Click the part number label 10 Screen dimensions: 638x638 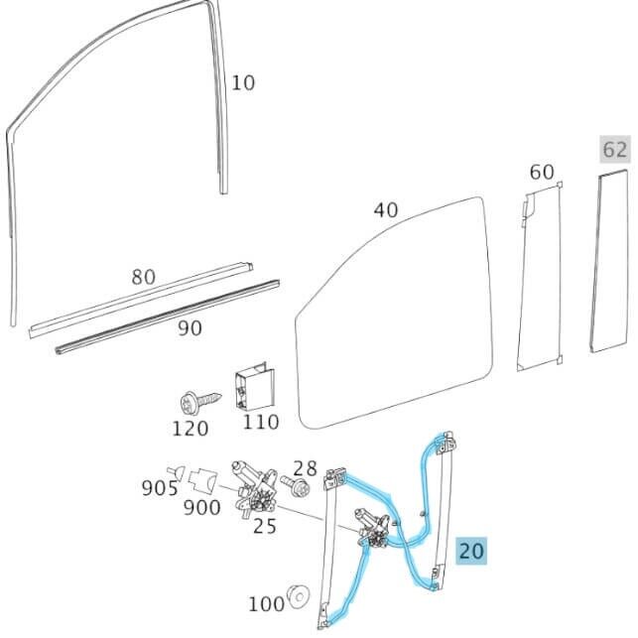pyautogui.click(x=243, y=82)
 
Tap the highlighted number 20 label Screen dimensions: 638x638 pyautogui.click(x=471, y=550)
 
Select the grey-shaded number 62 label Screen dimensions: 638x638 pyautogui.click(x=614, y=150)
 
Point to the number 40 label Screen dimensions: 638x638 pyautogui.click(x=385, y=210)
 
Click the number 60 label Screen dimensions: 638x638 pyautogui.click(x=541, y=172)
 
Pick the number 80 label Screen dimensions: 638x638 pyautogui.click(x=143, y=277)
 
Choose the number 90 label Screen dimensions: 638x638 pyautogui.click(x=190, y=327)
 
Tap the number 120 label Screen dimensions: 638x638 pyautogui.click(x=190, y=429)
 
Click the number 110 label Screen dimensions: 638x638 pyautogui.click(x=261, y=423)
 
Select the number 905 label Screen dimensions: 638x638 pyautogui.click(x=159, y=488)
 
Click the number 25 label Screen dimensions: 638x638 pyautogui.click(x=264, y=526)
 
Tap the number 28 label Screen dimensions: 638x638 pyautogui.click(x=305, y=467)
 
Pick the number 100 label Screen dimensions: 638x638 pyautogui.click(x=265, y=603)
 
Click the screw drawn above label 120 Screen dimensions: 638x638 pyautogui.click(x=191, y=402)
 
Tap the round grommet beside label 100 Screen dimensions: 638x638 pyautogui.click(x=298, y=598)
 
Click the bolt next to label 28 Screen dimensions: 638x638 pyautogui.click(x=296, y=487)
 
